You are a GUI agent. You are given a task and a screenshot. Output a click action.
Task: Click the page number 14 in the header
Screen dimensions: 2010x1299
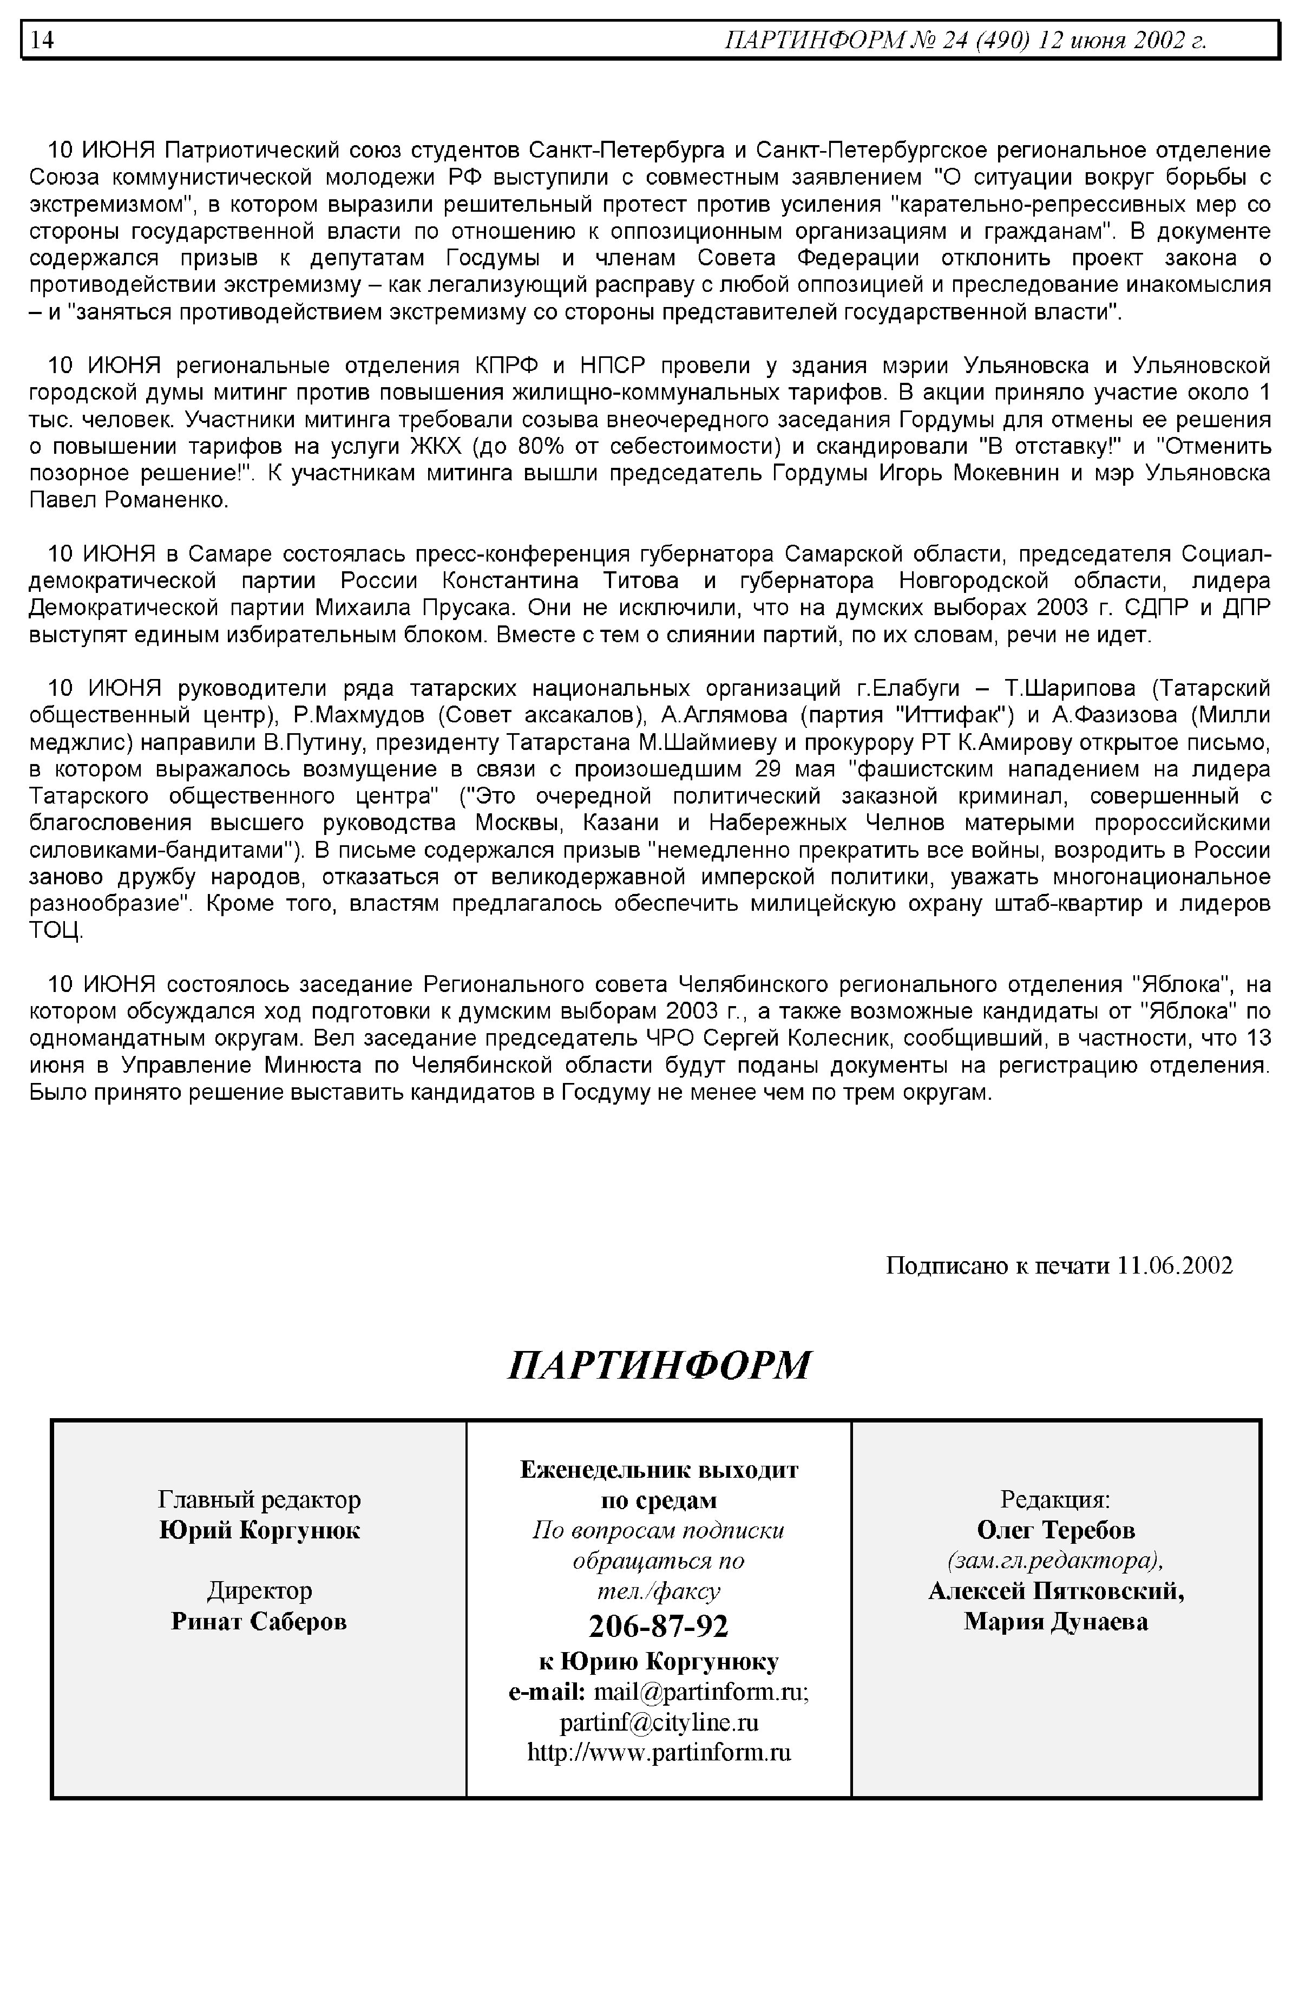click(42, 40)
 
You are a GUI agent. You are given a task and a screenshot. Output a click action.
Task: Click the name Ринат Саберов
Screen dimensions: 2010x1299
click(259, 1621)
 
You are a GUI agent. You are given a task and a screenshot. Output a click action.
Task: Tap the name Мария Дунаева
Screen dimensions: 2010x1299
click(1056, 1621)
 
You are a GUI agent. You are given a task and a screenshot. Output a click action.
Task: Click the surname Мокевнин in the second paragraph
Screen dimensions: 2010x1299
click(1006, 473)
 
